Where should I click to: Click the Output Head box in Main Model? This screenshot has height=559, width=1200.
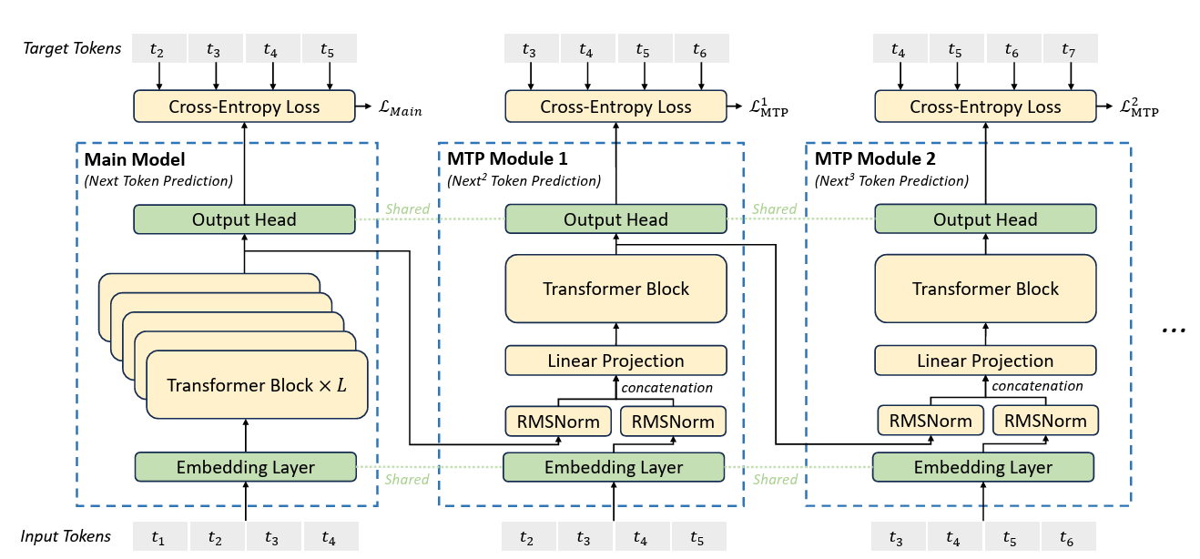click(x=243, y=219)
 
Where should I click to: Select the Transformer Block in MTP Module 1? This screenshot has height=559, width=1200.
click(x=615, y=289)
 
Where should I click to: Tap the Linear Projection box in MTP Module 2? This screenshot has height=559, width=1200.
click(x=985, y=361)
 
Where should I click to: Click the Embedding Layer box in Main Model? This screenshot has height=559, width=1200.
click(x=245, y=467)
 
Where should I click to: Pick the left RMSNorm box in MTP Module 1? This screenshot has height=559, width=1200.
click(x=557, y=421)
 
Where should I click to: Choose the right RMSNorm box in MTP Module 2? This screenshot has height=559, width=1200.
click(x=1045, y=421)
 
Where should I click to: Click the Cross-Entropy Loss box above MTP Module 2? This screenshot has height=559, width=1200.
click(x=985, y=107)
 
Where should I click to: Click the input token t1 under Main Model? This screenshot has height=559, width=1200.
click(x=158, y=537)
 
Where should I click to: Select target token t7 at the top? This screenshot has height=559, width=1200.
click(x=1069, y=49)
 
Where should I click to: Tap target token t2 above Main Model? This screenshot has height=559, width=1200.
click(x=158, y=49)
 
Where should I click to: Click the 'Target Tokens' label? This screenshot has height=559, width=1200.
click(x=72, y=48)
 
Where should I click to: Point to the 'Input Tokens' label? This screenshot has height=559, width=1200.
click(x=66, y=536)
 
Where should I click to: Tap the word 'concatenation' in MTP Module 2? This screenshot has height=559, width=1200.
click(x=1037, y=386)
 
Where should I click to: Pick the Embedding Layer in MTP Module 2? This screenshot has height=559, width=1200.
click(x=982, y=467)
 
